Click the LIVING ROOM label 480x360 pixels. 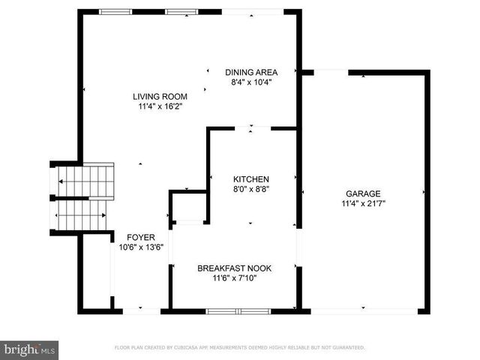pos(160,96)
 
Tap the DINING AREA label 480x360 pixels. pos(251,72)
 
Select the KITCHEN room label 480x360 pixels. pos(250,179)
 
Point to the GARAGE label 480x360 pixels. pos(363,193)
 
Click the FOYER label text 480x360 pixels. pos(141,237)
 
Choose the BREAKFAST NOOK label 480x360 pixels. pos(234,268)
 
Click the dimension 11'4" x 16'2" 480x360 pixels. pos(160,106)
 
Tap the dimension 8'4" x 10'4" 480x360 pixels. pos(251,82)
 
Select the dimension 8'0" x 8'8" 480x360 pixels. pos(250,190)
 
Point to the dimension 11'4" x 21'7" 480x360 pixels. pos(363,202)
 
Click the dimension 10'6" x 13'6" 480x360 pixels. pos(141,247)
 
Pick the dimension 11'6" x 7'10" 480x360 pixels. pos(234,278)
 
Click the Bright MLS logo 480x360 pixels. pos(29,349)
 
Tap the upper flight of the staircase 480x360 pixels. pos(85,181)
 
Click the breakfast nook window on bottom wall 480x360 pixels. pos(235,310)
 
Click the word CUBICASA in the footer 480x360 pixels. pos(190,348)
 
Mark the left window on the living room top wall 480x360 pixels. pos(115,11)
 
